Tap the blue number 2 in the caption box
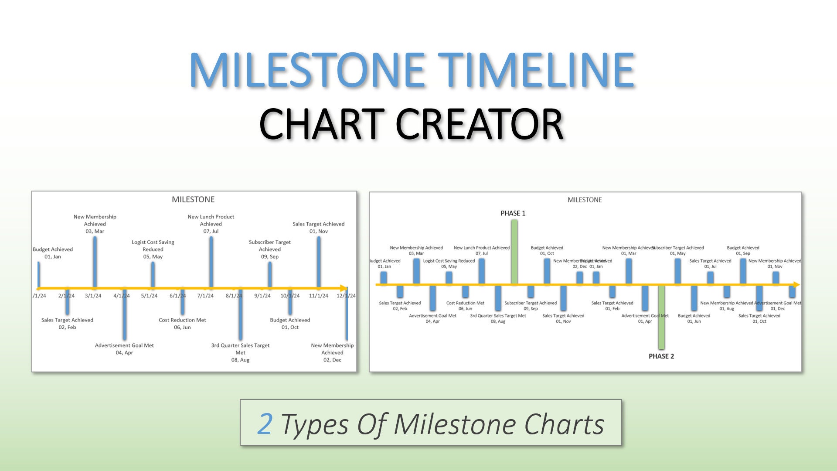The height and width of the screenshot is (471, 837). point(265,424)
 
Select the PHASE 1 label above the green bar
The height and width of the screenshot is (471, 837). point(513,213)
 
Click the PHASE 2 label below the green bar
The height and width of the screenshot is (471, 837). point(661,356)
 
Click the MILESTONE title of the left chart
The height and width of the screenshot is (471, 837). point(193,200)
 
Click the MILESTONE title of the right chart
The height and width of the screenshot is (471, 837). point(585,200)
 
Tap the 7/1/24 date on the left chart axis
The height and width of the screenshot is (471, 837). point(205,296)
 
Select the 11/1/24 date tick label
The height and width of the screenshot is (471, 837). point(318,296)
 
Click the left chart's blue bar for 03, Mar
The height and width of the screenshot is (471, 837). point(95,262)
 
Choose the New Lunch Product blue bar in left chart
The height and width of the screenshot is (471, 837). point(211,262)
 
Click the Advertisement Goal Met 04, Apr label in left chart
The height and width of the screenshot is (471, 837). point(124,349)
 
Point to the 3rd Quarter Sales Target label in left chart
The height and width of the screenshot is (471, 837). point(240,352)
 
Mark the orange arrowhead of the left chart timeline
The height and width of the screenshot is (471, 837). point(344,288)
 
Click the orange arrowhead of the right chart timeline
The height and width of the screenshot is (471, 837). point(796,285)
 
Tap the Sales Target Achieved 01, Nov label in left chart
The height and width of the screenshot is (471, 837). point(318,228)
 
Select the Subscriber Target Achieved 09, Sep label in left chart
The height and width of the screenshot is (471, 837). point(269,249)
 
